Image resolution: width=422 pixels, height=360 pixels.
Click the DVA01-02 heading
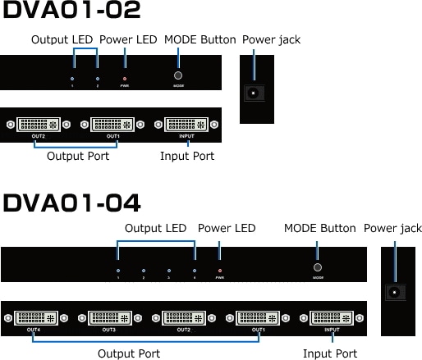coord(71,11)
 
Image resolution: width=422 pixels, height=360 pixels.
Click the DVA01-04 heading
coord(71,202)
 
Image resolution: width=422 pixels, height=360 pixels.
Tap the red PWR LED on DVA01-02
coord(125,79)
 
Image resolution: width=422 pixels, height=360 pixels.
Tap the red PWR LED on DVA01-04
coord(219,269)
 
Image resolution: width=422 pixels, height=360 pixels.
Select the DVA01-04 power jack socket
coord(397,293)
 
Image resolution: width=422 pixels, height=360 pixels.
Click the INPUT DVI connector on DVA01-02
coord(188,125)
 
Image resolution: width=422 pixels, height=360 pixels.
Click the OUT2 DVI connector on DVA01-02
coord(38,125)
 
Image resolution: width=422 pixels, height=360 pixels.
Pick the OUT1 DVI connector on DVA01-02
coord(112,125)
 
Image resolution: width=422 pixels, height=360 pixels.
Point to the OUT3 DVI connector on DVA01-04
coord(108,317)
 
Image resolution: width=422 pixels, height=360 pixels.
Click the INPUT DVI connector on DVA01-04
coord(332,317)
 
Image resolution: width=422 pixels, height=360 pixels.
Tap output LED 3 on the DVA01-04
coord(169,269)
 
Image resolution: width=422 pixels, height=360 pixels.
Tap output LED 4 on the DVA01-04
coord(195,269)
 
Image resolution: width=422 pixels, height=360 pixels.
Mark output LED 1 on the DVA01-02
coord(72,79)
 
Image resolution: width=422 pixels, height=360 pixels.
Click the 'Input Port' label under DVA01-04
coord(330,353)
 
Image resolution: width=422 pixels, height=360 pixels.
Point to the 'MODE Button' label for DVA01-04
coord(319,228)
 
